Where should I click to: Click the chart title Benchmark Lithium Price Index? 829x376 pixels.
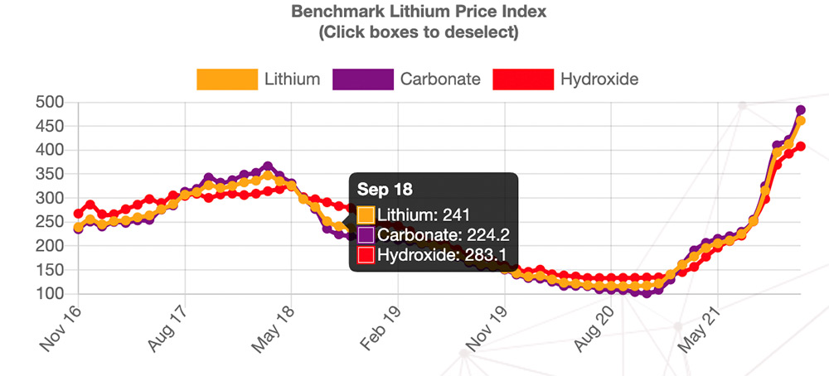[x=419, y=12]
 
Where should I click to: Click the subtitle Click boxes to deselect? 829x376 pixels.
[x=419, y=32]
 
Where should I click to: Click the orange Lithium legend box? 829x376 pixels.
[x=226, y=80]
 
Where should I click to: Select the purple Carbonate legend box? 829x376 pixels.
[x=362, y=80]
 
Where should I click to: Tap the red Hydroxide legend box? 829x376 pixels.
[x=522, y=80]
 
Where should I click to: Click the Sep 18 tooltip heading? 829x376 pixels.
[x=380, y=189]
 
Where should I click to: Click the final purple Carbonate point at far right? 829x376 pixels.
[x=801, y=109]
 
